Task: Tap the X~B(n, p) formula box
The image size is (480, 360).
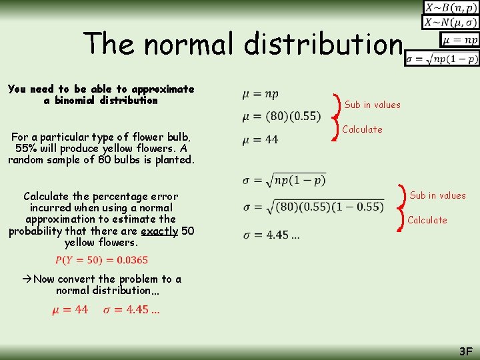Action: click(x=450, y=8)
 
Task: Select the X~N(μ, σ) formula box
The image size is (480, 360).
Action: click(x=450, y=23)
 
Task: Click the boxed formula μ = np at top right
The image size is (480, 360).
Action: click(x=459, y=40)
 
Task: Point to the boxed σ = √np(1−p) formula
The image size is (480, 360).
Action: click(x=442, y=59)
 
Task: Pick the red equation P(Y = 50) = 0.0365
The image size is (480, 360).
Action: click(x=101, y=260)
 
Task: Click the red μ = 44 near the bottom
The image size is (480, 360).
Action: click(x=71, y=309)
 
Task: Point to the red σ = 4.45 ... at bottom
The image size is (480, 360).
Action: click(x=131, y=309)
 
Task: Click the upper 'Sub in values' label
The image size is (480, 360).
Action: click(x=372, y=105)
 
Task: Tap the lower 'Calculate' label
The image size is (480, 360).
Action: click(x=427, y=220)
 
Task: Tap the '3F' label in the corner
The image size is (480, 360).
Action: click(x=465, y=351)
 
